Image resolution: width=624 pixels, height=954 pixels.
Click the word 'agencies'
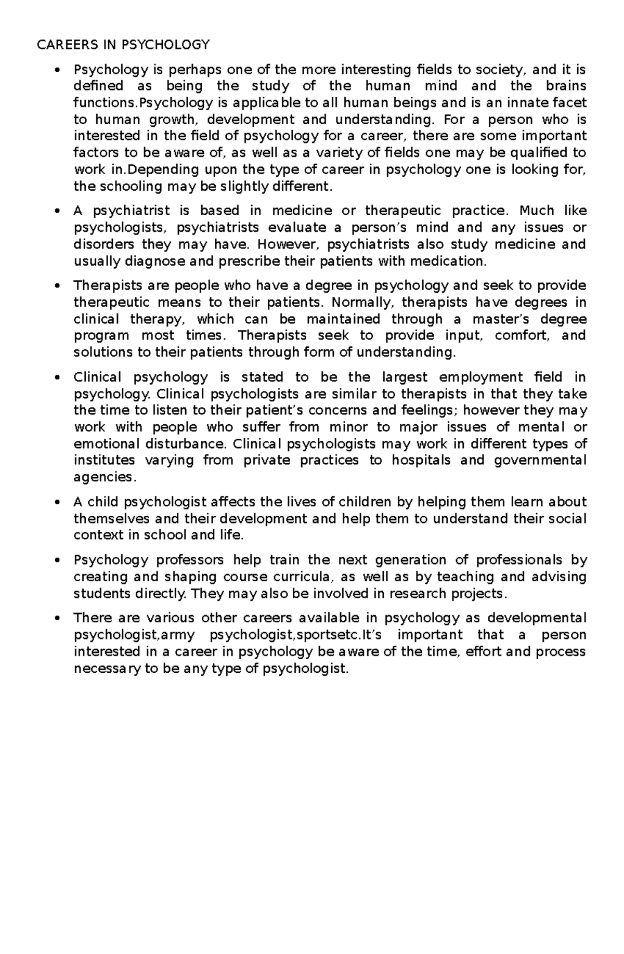103,477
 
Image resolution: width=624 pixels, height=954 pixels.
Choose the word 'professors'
190,560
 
